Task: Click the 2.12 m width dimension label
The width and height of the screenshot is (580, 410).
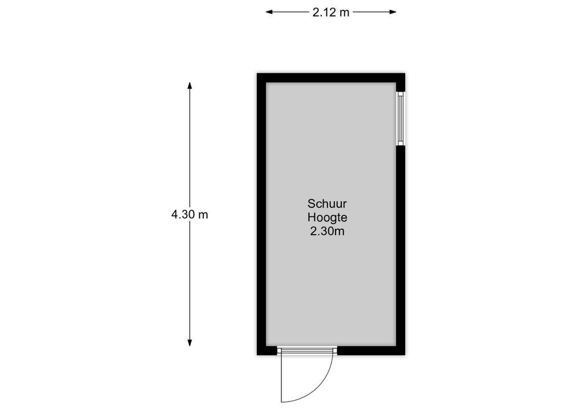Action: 330,12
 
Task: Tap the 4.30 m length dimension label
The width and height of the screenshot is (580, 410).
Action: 190,215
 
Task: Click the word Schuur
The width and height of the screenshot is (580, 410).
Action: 327,204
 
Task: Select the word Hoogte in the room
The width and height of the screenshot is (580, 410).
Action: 328,218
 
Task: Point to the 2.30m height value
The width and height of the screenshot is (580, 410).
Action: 328,231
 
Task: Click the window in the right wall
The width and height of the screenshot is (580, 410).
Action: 401,118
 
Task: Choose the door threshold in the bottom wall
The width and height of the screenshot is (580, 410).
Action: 307,350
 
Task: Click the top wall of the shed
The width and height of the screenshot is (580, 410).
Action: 331,78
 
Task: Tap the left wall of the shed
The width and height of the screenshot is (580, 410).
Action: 262,214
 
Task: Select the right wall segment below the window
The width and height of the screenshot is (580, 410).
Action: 401,251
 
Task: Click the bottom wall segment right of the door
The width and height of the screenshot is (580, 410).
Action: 371,350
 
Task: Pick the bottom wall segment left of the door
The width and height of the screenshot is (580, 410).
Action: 267,350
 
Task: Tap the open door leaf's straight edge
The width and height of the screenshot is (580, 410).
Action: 281,377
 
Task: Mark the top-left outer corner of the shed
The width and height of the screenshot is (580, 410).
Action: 258,73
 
